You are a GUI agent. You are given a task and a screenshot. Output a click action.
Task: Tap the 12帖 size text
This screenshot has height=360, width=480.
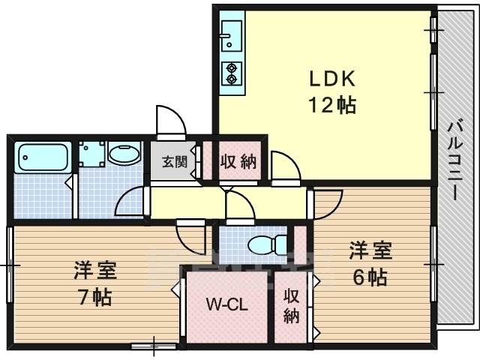click(332, 105)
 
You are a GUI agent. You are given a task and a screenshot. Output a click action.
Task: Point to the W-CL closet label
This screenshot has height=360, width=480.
click(226, 305)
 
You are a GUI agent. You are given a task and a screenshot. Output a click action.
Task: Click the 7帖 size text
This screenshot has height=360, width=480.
click(95, 297)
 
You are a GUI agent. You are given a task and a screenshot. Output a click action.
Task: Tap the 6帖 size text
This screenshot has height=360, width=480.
click(370, 277)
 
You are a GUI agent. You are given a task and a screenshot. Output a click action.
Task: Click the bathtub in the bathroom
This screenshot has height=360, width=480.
click(43, 157)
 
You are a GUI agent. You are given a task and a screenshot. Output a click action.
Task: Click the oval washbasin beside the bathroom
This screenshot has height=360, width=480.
click(124, 154)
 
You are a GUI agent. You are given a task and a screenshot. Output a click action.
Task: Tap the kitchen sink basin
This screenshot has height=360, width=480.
click(232, 36)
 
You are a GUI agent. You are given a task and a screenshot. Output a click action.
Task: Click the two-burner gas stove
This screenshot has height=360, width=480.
click(232, 73)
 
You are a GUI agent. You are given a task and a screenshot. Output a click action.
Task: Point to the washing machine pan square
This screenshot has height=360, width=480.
click(91, 154)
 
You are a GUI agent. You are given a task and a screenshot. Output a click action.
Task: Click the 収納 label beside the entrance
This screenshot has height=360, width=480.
click(239, 161)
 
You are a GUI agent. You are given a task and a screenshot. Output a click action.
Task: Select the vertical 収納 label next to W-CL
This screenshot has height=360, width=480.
click(291, 306)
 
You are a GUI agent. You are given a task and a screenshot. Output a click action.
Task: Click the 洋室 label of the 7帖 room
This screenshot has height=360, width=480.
click(95, 270)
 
